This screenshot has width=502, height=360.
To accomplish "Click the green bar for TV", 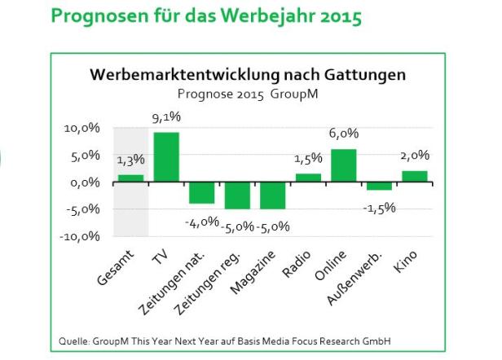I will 166,156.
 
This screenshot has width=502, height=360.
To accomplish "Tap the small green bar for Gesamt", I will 130,178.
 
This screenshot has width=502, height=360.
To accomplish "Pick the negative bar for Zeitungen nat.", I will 201,192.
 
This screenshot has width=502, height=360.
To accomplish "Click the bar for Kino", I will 415,176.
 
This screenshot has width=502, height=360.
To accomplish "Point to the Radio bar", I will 308,178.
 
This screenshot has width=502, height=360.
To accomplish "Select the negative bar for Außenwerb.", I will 379,186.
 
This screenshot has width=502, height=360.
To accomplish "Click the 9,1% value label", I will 166,118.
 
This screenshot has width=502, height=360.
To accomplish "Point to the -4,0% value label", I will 201,220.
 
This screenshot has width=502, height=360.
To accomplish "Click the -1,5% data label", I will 380,208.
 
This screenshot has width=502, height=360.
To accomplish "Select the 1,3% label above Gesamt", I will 130,160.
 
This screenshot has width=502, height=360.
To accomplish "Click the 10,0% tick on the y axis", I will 81,129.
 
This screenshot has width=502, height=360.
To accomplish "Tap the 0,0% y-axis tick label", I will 85,182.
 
